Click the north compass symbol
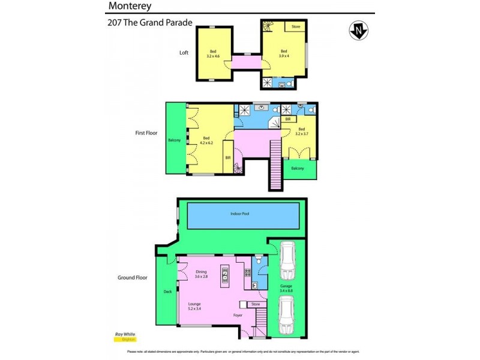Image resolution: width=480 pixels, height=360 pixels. tap(359, 30)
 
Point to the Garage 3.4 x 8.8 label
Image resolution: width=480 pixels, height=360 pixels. tap(286, 289)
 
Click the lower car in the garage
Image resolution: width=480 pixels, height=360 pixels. tap(287, 315)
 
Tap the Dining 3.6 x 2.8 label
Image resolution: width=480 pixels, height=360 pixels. tap(200, 274)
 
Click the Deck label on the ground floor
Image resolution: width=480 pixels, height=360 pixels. tap(167, 292)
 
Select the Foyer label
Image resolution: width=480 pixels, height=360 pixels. tap(238, 315)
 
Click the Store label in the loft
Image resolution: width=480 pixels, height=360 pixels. tap(295, 27)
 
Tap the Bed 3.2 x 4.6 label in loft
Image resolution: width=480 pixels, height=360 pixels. tap(212, 53)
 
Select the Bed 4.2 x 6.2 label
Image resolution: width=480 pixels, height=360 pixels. tap(208, 139)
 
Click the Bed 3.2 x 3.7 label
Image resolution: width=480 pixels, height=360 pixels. tap(301, 131)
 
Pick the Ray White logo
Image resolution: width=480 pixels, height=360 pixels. tap(124, 336)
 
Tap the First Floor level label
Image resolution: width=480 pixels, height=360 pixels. tap(146, 133)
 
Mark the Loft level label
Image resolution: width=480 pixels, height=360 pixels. tap(184, 52)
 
